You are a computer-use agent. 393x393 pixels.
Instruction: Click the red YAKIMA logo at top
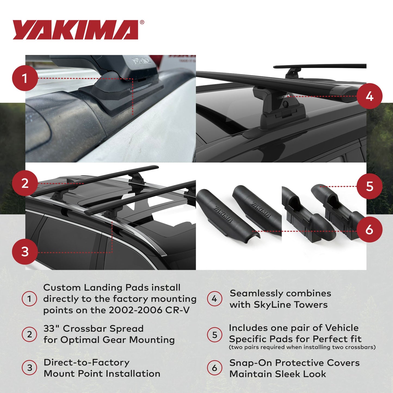76,30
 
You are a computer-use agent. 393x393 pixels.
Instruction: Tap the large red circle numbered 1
25,78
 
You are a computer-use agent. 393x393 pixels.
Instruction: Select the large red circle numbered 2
25,183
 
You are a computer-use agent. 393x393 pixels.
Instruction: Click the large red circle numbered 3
25,252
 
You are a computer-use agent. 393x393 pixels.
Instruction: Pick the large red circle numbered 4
369,96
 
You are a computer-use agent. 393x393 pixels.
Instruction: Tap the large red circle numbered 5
369,187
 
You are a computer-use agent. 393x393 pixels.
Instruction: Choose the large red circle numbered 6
369,230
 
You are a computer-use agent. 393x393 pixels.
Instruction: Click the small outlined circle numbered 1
29,299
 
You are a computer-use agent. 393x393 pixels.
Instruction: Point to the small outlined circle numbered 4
215,299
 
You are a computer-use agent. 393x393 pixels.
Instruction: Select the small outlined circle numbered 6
215,368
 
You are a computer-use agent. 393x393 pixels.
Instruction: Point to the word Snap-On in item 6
250,363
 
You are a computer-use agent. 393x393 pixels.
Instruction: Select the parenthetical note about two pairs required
302,347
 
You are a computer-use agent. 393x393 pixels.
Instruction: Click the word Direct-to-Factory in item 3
86,363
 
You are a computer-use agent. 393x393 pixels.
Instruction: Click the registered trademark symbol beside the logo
142,23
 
